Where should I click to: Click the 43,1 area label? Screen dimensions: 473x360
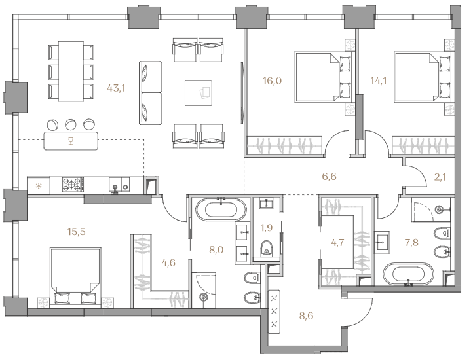click(116, 88)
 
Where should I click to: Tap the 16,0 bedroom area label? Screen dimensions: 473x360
click(272, 81)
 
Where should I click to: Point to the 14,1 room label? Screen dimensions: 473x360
click(379, 81)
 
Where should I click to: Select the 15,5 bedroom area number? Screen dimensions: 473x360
click(76, 232)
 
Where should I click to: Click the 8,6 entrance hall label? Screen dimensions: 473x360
click(306, 315)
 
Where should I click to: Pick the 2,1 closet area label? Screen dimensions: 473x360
click(440, 177)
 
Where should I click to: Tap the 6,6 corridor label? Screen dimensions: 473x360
click(329, 177)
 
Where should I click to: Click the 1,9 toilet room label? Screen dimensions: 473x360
click(267, 227)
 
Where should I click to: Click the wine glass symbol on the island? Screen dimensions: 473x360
click(71, 141)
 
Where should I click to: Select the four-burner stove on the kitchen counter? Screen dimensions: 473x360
click(73, 185)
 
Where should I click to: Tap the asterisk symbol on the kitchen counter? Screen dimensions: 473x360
click(39, 186)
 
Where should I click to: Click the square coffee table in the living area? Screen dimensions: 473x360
click(199, 93)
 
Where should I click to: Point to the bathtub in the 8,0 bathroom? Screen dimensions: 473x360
click(221, 209)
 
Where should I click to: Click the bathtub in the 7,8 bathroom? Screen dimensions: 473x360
click(408, 274)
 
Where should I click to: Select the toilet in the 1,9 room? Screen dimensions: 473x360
click(267, 248)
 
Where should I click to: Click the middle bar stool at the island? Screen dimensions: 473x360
click(71, 124)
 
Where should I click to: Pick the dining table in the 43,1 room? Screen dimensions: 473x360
click(71, 71)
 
